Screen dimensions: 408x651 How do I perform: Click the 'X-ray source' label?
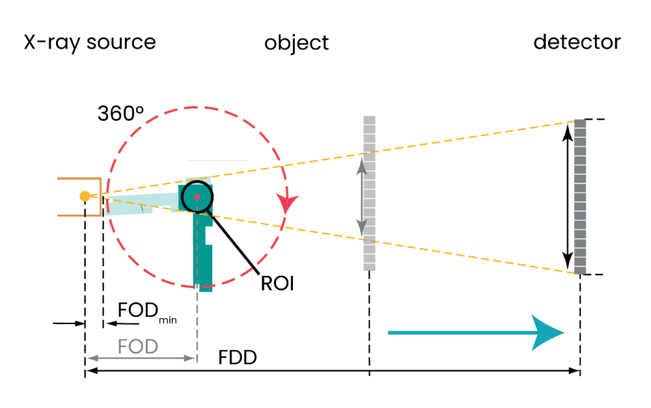coord(90,43)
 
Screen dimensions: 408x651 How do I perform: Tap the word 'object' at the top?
coord(297,43)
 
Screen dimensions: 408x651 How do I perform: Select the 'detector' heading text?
coord(577,42)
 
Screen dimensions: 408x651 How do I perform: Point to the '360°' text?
coord(121,114)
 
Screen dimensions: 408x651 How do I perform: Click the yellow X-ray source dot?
coord(85,196)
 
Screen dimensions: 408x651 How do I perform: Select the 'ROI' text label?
coord(277,283)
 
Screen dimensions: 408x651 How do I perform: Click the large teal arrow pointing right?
coord(476,333)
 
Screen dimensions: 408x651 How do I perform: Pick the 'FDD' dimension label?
coord(237,358)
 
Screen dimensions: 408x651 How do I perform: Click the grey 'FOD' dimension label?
coord(138,346)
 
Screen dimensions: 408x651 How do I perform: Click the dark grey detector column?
coord(580,196)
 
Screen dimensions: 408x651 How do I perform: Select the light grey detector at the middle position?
coord(370,193)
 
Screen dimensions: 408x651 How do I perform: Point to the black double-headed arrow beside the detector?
coord(567,196)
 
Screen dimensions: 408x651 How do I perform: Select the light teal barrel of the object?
coord(139,204)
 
